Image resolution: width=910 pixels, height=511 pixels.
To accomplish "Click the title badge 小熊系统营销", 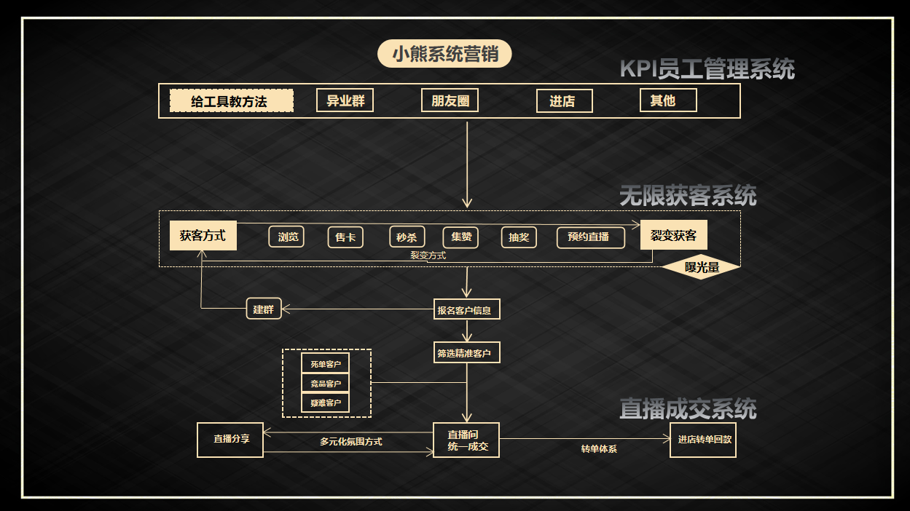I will [x=444, y=54].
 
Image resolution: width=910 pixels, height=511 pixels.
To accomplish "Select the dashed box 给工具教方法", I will [x=231, y=101].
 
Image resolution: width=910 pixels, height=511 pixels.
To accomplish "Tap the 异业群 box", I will [x=345, y=100].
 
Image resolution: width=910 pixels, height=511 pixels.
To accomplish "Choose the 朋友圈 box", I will [x=450, y=100].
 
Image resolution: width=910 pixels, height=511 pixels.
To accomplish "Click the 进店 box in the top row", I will [x=564, y=101].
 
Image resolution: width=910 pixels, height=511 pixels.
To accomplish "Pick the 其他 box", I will [x=668, y=100].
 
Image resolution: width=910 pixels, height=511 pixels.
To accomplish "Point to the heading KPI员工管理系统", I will [x=707, y=69].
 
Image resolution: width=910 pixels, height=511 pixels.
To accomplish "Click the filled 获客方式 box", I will [x=203, y=235].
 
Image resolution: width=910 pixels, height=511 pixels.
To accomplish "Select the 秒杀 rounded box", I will [x=407, y=237].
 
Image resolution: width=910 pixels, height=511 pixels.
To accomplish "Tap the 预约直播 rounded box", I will [x=591, y=237].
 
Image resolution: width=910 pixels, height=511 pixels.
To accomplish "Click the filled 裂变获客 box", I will [x=673, y=235].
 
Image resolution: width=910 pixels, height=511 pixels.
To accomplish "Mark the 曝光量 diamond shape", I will [x=701, y=267].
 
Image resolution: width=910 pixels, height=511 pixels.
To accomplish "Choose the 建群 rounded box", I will [x=263, y=309].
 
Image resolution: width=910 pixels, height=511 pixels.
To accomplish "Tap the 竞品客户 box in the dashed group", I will [x=326, y=383].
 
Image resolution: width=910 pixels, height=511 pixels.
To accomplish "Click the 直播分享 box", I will [x=230, y=440].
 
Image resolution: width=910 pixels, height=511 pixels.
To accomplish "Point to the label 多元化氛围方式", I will [x=350, y=441].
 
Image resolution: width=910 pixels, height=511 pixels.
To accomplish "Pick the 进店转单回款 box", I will [x=702, y=440].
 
